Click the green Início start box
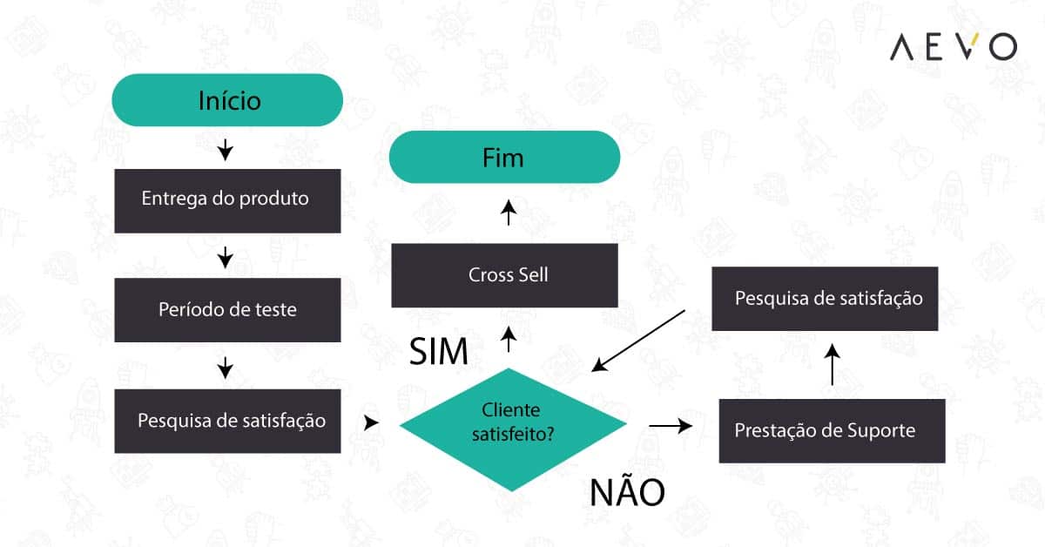227,100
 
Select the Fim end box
503,157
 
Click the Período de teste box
227,310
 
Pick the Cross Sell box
504,275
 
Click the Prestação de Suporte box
832,430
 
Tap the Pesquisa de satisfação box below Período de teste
227,422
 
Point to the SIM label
440,352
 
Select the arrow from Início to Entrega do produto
226,151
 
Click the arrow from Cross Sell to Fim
509,213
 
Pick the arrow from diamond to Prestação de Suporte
671,426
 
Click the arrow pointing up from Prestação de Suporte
833,364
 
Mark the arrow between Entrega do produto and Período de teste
226,257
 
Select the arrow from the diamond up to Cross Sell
509,339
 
